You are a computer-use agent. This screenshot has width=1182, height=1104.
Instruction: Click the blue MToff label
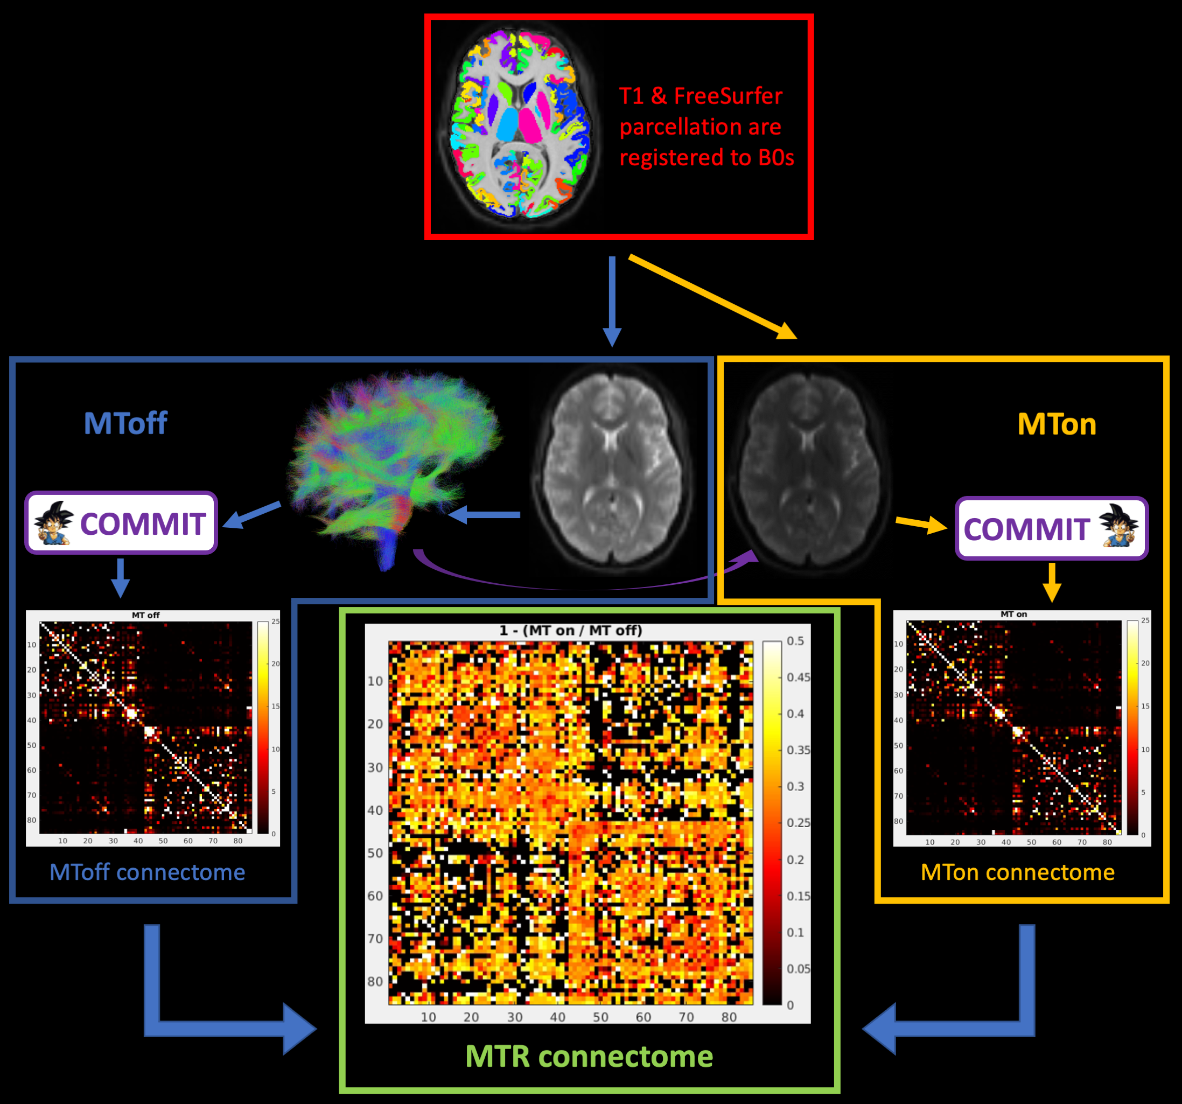(x=125, y=423)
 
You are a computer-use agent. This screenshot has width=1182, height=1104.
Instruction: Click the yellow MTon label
(x=1057, y=424)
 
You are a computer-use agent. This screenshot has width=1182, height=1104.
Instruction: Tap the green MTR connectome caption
(x=589, y=1056)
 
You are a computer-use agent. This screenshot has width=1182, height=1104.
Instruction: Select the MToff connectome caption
(x=147, y=871)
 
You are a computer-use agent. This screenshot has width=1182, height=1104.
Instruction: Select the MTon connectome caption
(x=1017, y=871)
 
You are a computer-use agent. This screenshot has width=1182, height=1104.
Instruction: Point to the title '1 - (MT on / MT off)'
(x=571, y=630)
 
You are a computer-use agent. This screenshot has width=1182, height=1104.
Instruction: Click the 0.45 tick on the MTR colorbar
(x=798, y=677)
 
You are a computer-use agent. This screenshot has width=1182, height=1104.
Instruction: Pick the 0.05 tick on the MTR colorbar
(x=798, y=968)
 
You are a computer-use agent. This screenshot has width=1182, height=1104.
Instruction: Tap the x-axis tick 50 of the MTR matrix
(x=600, y=1017)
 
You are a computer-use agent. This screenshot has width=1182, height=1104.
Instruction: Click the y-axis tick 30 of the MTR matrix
(x=375, y=767)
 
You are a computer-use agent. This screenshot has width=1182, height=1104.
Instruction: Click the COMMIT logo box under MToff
(x=121, y=522)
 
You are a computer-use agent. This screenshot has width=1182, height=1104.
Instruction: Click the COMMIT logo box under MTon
(x=1051, y=528)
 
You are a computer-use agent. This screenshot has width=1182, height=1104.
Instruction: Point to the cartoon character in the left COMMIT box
(x=53, y=523)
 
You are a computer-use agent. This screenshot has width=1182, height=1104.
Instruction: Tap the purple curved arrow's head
(x=750, y=556)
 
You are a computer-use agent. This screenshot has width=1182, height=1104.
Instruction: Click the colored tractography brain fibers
(x=393, y=458)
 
